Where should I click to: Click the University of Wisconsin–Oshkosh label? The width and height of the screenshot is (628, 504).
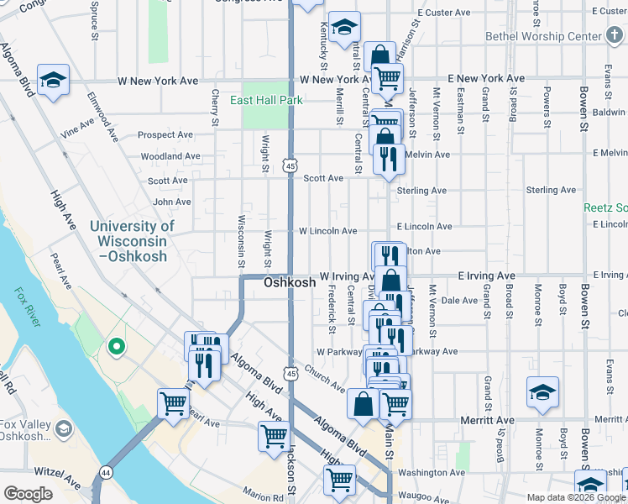132,240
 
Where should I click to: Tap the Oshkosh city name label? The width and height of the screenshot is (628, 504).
290,283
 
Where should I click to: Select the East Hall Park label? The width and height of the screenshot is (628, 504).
267,100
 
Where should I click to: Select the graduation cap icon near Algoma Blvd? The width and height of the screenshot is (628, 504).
54,80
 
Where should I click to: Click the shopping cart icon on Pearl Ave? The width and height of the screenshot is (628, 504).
173,403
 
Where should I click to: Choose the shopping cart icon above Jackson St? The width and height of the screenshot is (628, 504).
275,436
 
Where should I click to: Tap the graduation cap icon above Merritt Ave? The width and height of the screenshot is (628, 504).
542,391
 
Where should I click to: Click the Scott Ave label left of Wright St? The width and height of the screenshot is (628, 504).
168,181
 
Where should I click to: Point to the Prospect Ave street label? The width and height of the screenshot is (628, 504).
165,134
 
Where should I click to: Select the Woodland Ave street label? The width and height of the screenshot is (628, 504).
170,156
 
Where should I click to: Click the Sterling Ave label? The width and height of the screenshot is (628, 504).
421,191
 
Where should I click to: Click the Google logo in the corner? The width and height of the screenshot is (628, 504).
28,494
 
